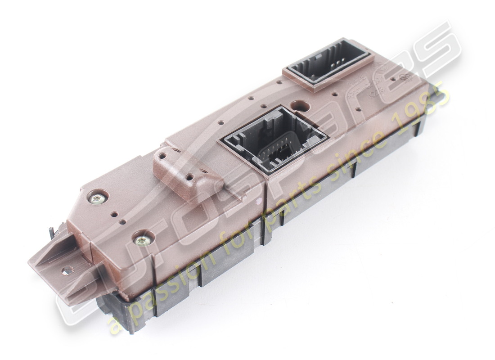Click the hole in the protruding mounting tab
point(67,270)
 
